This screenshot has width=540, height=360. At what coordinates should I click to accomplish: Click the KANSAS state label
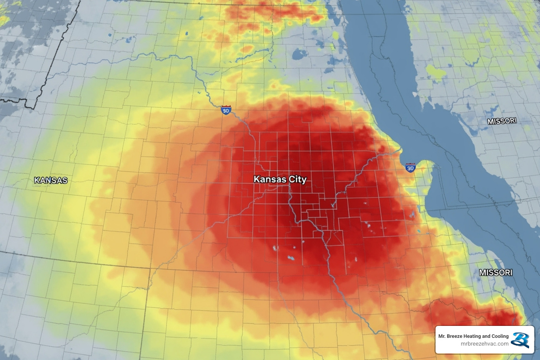51,180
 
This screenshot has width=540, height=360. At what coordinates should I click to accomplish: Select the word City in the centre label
297,179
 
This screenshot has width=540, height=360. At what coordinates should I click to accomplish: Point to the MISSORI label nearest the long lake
502,121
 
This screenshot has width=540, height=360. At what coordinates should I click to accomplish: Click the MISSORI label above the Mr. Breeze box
496,272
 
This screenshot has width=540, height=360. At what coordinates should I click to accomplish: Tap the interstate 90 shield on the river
226,110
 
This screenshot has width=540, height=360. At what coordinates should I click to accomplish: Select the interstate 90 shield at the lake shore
410,167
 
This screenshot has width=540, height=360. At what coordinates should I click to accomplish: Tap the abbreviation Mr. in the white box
442,336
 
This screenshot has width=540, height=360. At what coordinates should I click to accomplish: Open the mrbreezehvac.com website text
484,344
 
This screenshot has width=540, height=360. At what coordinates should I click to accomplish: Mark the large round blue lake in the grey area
299,54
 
